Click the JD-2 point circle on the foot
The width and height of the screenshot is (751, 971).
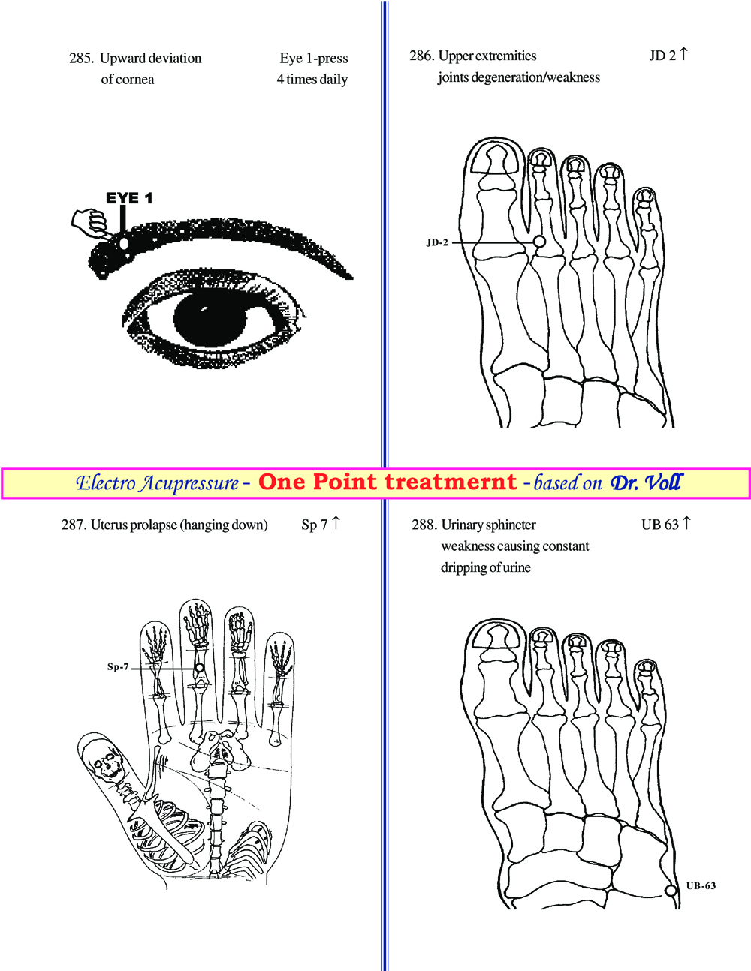point(540,242)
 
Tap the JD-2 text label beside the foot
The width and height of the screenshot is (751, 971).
point(437,242)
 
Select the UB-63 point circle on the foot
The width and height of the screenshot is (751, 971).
point(671,891)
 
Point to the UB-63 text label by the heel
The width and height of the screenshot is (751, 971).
point(701,885)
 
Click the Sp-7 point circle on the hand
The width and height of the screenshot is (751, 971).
point(199,668)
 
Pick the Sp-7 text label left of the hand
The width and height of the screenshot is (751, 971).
point(118,667)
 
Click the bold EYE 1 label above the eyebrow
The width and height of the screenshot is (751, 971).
point(129,198)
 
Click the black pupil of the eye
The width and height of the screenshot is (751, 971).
point(210,320)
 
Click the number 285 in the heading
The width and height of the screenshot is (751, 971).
point(81,58)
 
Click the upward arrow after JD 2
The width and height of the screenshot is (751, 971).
point(683,54)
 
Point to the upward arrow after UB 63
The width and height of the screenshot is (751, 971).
point(686,523)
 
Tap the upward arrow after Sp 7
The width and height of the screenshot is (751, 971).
point(336,523)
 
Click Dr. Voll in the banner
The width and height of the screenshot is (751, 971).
point(646,482)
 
